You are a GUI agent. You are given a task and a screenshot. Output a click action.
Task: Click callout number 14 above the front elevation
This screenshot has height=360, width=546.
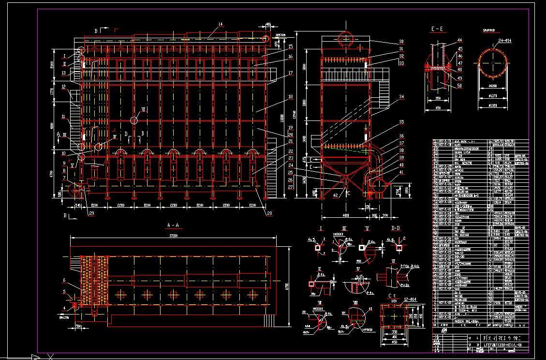click(x=221, y=24)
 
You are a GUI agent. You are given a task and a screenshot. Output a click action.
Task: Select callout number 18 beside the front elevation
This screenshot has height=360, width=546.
click(x=291, y=97)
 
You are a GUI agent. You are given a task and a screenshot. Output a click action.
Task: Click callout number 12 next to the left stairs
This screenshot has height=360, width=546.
click(x=64, y=87)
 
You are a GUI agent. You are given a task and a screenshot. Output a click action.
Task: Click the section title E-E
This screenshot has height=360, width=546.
click(x=437, y=30)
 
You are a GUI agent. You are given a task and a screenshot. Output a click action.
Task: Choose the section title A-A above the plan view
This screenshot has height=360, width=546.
click(x=173, y=225)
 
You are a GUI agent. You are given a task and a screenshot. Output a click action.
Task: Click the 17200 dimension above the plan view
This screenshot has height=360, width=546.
click(x=173, y=236)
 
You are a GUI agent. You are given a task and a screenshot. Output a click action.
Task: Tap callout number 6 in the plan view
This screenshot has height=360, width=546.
click(x=64, y=280)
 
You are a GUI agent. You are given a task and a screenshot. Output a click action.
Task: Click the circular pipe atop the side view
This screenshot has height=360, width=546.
click(x=346, y=39)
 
